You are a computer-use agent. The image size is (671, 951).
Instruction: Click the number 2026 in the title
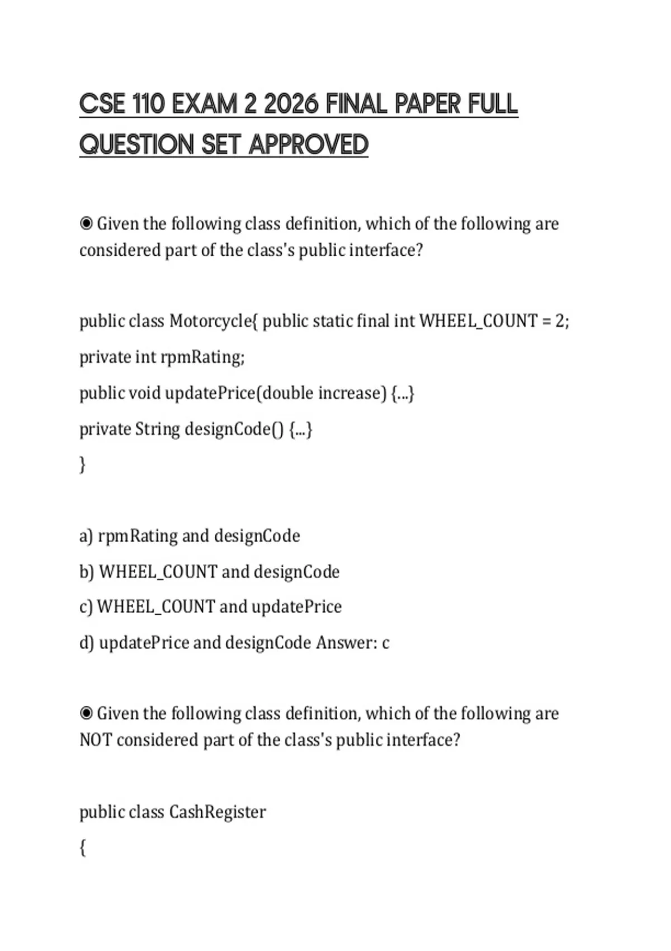pyautogui.click(x=290, y=104)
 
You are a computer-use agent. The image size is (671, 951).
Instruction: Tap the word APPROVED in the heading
pyautogui.click(x=308, y=144)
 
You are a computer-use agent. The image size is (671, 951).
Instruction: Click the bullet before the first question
pyautogui.click(x=86, y=224)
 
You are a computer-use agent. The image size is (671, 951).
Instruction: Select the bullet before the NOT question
pyautogui.click(x=86, y=713)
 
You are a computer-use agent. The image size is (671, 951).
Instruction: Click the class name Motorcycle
pyautogui.click(x=210, y=321)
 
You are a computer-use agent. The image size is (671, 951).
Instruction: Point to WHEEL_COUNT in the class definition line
pyautogui.click(x=478, y=321)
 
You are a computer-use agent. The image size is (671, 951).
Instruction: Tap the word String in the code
pyautogui.click(x=158, y=429)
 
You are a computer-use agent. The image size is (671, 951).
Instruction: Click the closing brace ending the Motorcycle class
pyautogui.click(x=83, y=464)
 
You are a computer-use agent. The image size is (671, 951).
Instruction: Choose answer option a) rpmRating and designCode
pyautogui.click(x=190, y=536)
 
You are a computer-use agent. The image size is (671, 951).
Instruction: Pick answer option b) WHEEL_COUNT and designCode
pyautogui.click(x=210, y=572)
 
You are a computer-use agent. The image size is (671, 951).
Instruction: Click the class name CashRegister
pyautogui.click(x=217, y=812)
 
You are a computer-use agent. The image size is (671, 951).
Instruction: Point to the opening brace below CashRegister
pyautogui.click(x=83, y=848)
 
